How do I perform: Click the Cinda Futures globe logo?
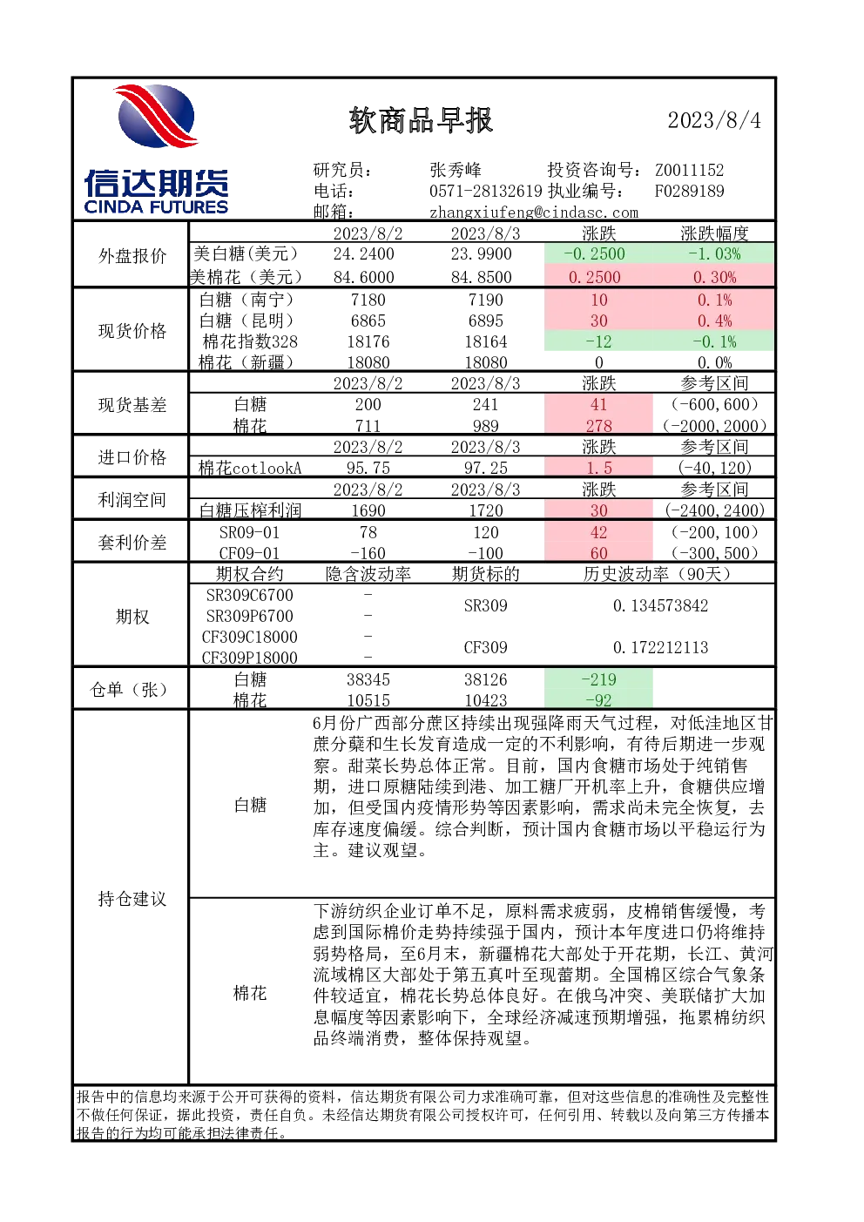157,116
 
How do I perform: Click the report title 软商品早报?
421,120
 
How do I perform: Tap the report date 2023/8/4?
714,120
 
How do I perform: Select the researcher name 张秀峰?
456,170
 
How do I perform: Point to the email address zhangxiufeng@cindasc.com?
533,213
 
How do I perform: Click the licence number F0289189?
690,191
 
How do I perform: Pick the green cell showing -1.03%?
714,253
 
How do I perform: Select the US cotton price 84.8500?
481,277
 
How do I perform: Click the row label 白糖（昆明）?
247,321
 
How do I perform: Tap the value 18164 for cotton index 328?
486,341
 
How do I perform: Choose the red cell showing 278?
599,426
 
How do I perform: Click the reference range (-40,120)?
714,468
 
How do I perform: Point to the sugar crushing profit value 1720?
486,510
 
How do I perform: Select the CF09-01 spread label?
249,553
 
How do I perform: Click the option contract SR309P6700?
249,616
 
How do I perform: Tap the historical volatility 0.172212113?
660,647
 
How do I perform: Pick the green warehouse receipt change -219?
599,679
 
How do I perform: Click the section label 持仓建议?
132,899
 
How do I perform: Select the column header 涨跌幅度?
714,233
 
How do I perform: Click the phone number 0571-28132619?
485,191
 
